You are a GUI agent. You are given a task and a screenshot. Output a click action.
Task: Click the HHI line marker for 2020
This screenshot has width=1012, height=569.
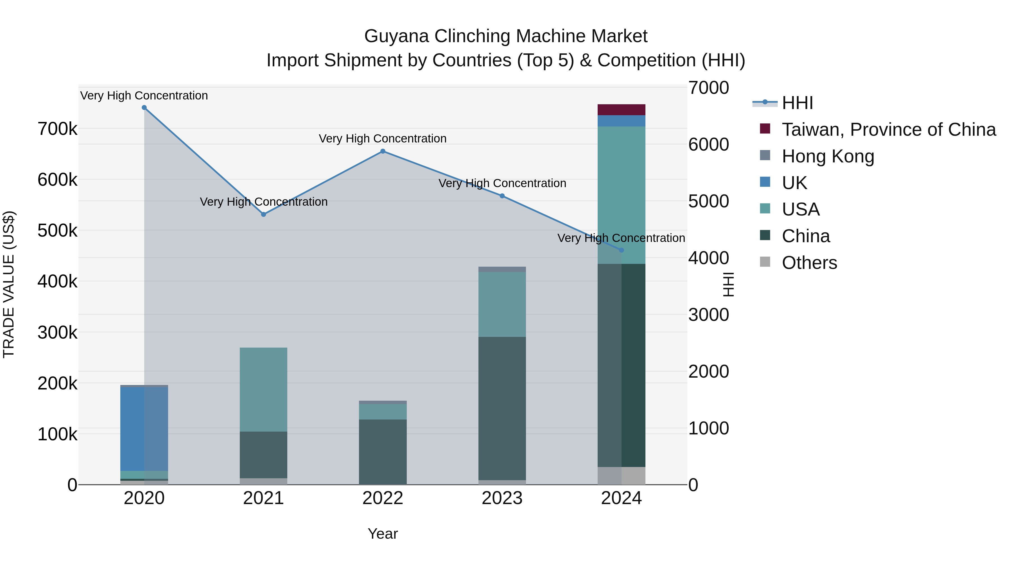pyautogui.click(x=144, y=108)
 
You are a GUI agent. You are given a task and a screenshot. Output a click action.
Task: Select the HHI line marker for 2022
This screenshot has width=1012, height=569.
pyautogui.click(x=383, y=151)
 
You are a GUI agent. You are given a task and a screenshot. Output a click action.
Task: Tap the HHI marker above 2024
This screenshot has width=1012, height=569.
pyautogui.click(x=621, y=250)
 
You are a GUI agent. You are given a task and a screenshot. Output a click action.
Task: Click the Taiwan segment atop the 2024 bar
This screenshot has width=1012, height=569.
pyautogui.click(x=621, y=110)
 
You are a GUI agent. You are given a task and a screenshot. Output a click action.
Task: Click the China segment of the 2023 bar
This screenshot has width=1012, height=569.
pyautogui.click(x=502, y=408)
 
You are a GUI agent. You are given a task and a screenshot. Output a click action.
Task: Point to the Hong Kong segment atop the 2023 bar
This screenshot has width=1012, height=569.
pyautogui.click(x=502, y=269)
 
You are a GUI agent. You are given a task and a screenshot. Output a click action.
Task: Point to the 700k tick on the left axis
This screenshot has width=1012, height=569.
pyautogui.click(x=57, y=129)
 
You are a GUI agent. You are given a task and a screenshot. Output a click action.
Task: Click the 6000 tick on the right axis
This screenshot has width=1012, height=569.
pyautogui.click(x=708, y=144)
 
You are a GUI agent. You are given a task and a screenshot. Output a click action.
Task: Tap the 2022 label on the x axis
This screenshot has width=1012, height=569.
pyautogui.click(x=383, y=498)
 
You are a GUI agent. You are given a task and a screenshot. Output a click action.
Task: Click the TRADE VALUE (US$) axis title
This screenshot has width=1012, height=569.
pyautogui.click(x=9, y=284)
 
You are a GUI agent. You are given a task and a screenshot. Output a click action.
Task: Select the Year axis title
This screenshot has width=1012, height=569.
pyautogui.click(x=383, y=534)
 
